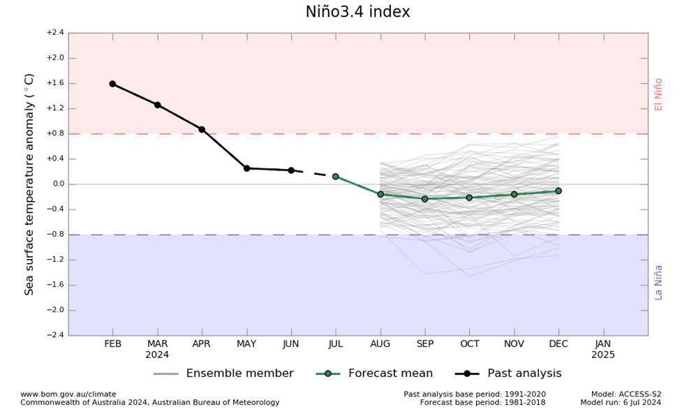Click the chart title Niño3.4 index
[357, 12]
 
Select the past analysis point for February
[112, 84]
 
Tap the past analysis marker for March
[157, 105]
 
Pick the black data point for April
[202, 129]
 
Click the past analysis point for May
[246, 168]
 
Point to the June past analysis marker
[291, 170]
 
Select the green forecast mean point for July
[336, 177]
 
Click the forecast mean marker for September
[424, 199]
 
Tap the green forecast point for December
[558, 191]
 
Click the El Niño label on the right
[658, 94]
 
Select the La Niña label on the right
[658, 282]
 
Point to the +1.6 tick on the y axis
[54, 83]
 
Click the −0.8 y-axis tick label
[54, 235]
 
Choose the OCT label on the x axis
[470, 344]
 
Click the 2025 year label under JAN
[603, 355]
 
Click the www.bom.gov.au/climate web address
[68, 394]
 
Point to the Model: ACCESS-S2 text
[626, 394]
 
